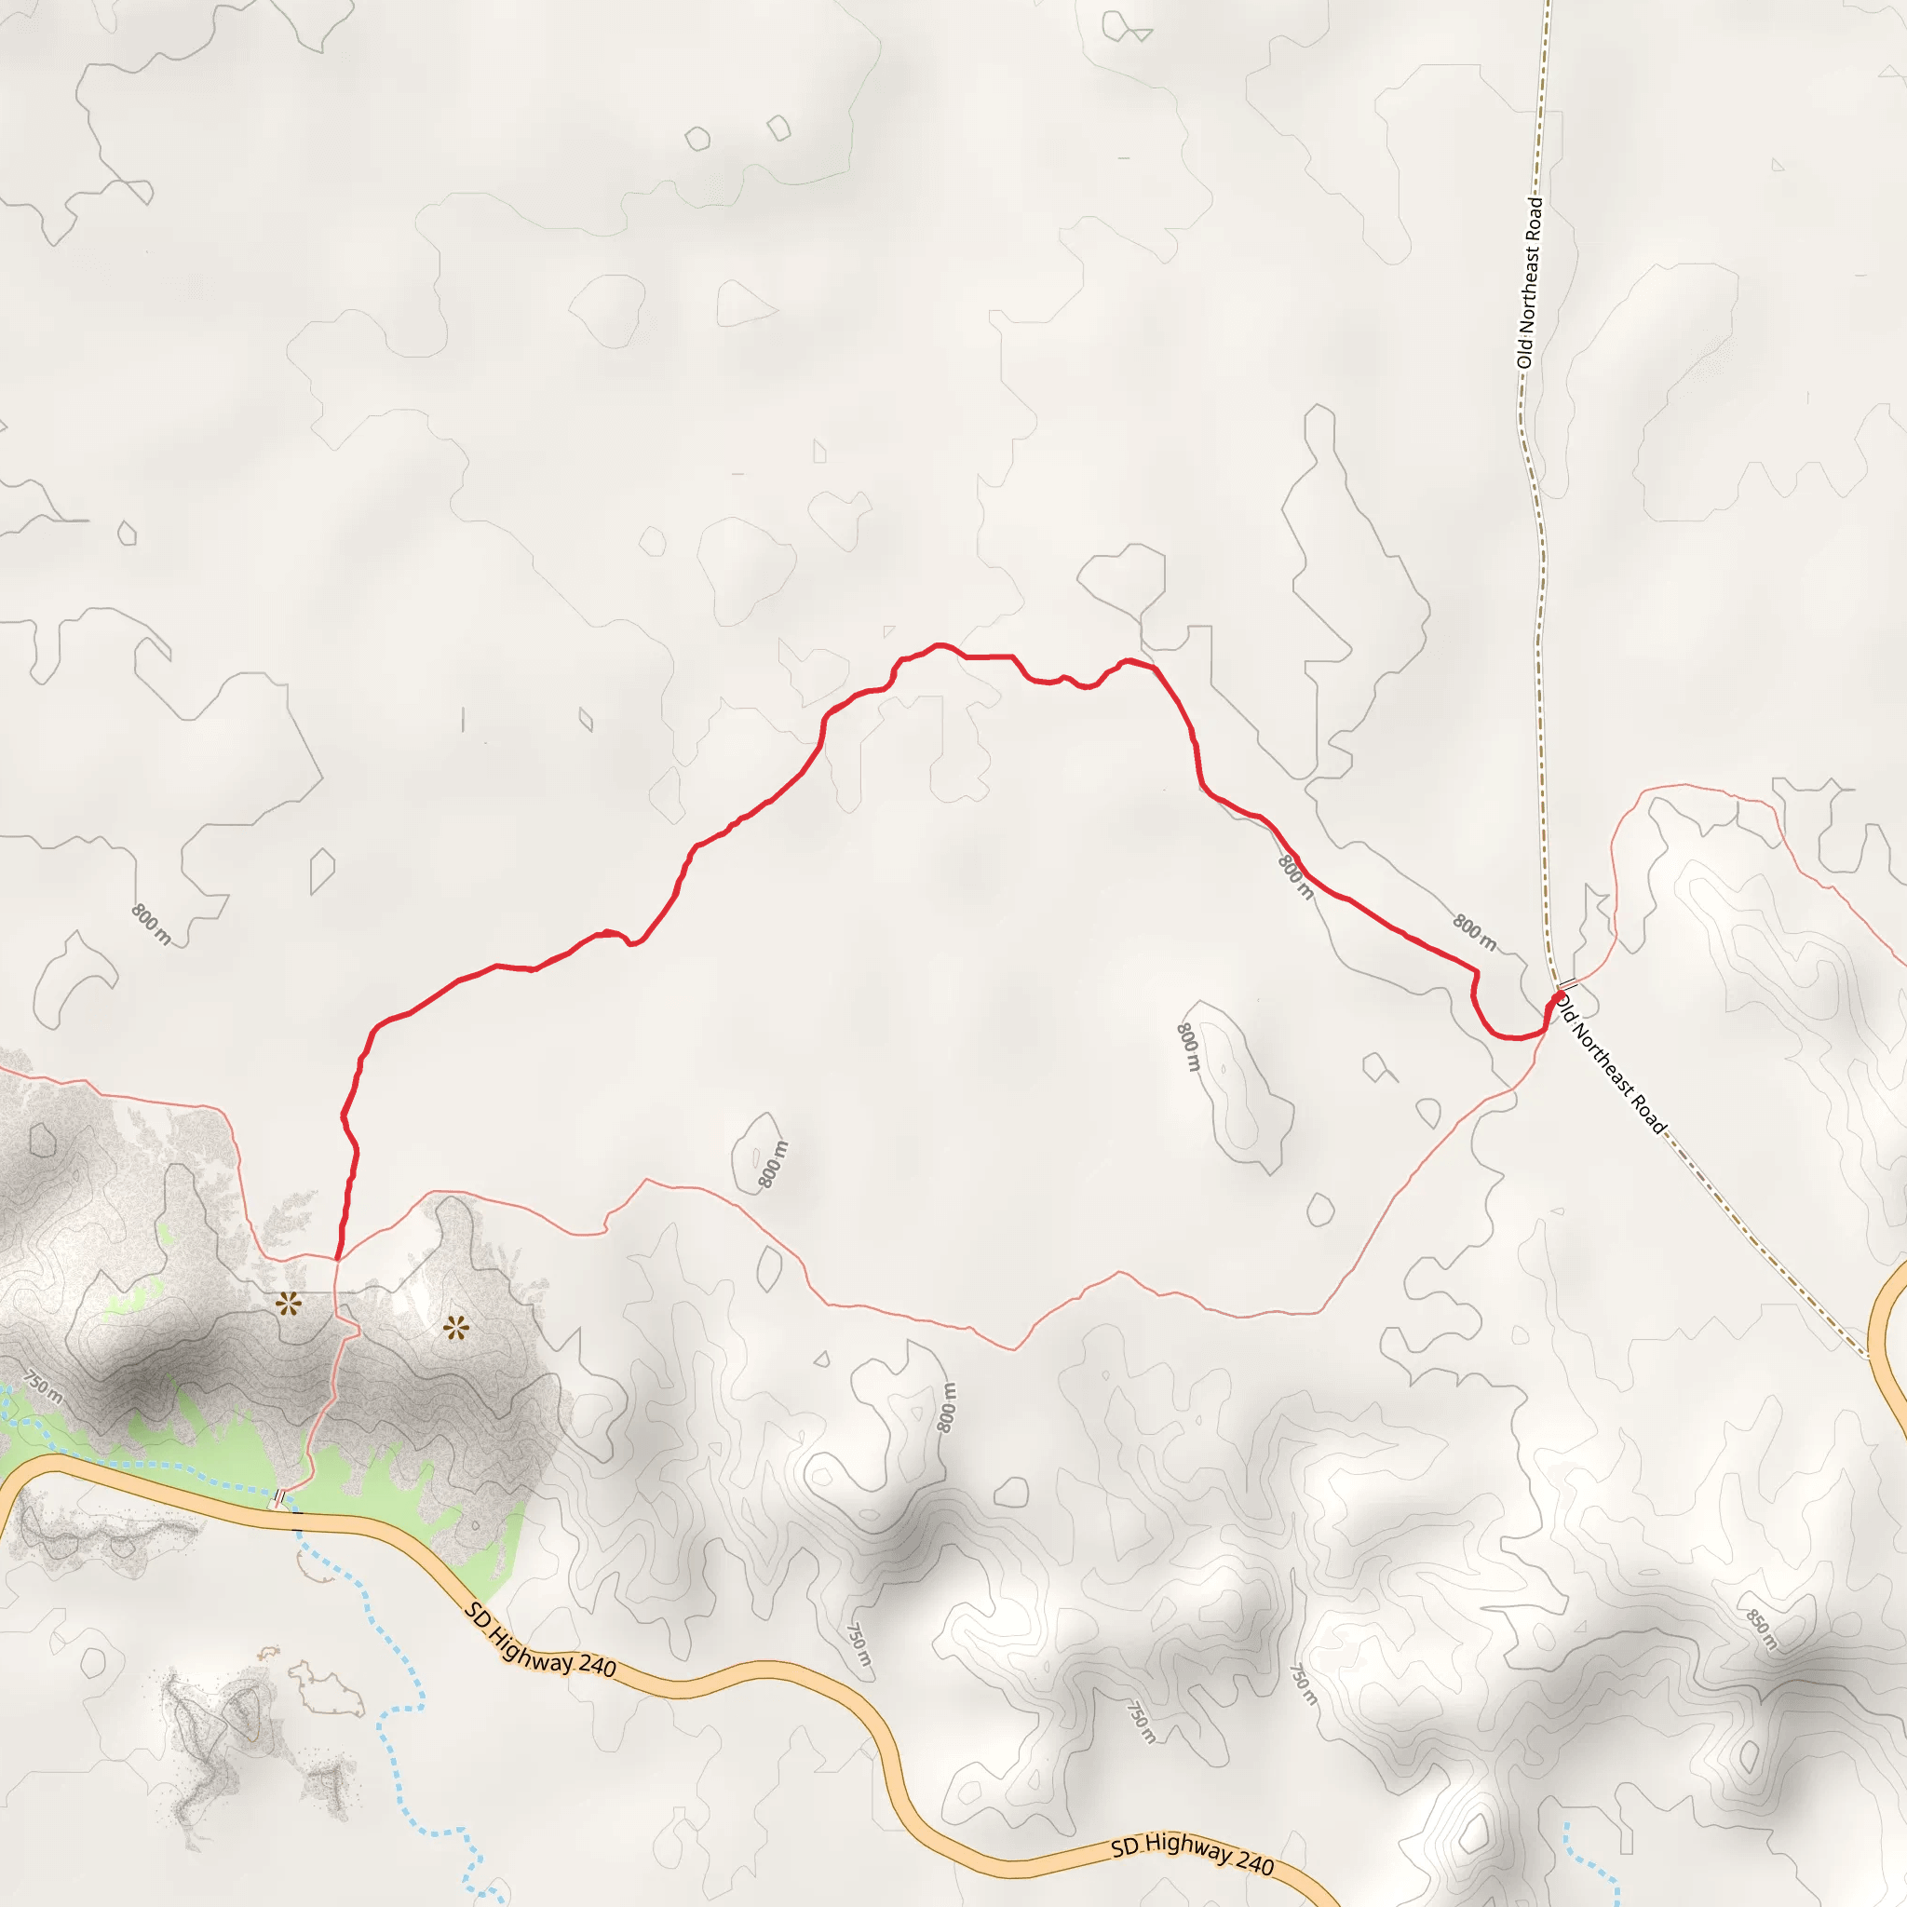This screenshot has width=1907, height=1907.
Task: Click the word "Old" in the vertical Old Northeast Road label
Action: (1526, 351)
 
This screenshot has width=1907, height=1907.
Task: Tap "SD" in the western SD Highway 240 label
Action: (479, 1616)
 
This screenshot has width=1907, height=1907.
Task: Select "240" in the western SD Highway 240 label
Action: (596, 1667)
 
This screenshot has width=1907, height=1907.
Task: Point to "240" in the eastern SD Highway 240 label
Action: (1254, 1862)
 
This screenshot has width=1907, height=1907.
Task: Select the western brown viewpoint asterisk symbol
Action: (289, 1304)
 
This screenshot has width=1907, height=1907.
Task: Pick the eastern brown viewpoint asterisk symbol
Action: (455, 1329)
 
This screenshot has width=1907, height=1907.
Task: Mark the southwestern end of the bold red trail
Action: (338, 1260)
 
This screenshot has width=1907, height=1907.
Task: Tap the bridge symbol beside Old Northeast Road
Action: (1565, 986)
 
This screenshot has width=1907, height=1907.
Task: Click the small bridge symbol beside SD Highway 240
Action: (280, 1499)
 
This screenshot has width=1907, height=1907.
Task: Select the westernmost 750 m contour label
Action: (45, 1386)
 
